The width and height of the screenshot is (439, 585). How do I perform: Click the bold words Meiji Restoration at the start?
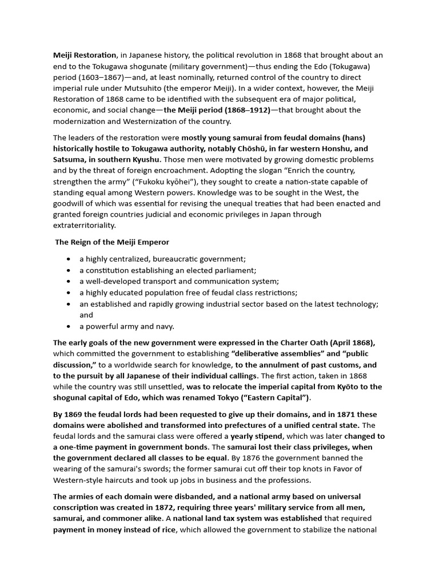85,55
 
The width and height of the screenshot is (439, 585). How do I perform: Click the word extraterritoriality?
85,225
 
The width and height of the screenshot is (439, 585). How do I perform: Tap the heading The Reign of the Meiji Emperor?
112,242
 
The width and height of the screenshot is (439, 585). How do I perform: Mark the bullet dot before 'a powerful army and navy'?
69,326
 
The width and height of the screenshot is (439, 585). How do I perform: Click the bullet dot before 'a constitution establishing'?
69,270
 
